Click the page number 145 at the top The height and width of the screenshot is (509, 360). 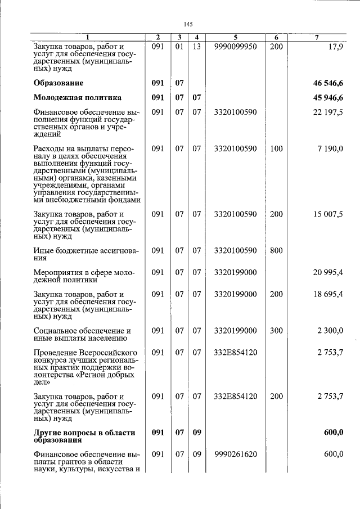[x=188, y=24]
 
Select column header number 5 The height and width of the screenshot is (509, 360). [x=236, y=37]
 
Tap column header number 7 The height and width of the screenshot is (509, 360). [x=317, y=37]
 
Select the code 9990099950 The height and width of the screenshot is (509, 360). [x=236, y=46]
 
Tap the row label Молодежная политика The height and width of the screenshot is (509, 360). [x=77, y=97]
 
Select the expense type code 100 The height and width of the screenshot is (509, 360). [x=276, y=148]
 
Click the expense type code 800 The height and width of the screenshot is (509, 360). [x=276, y=250]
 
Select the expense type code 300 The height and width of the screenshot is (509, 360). [x=276, y=331]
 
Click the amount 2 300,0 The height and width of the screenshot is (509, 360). [x=330, y=331]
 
